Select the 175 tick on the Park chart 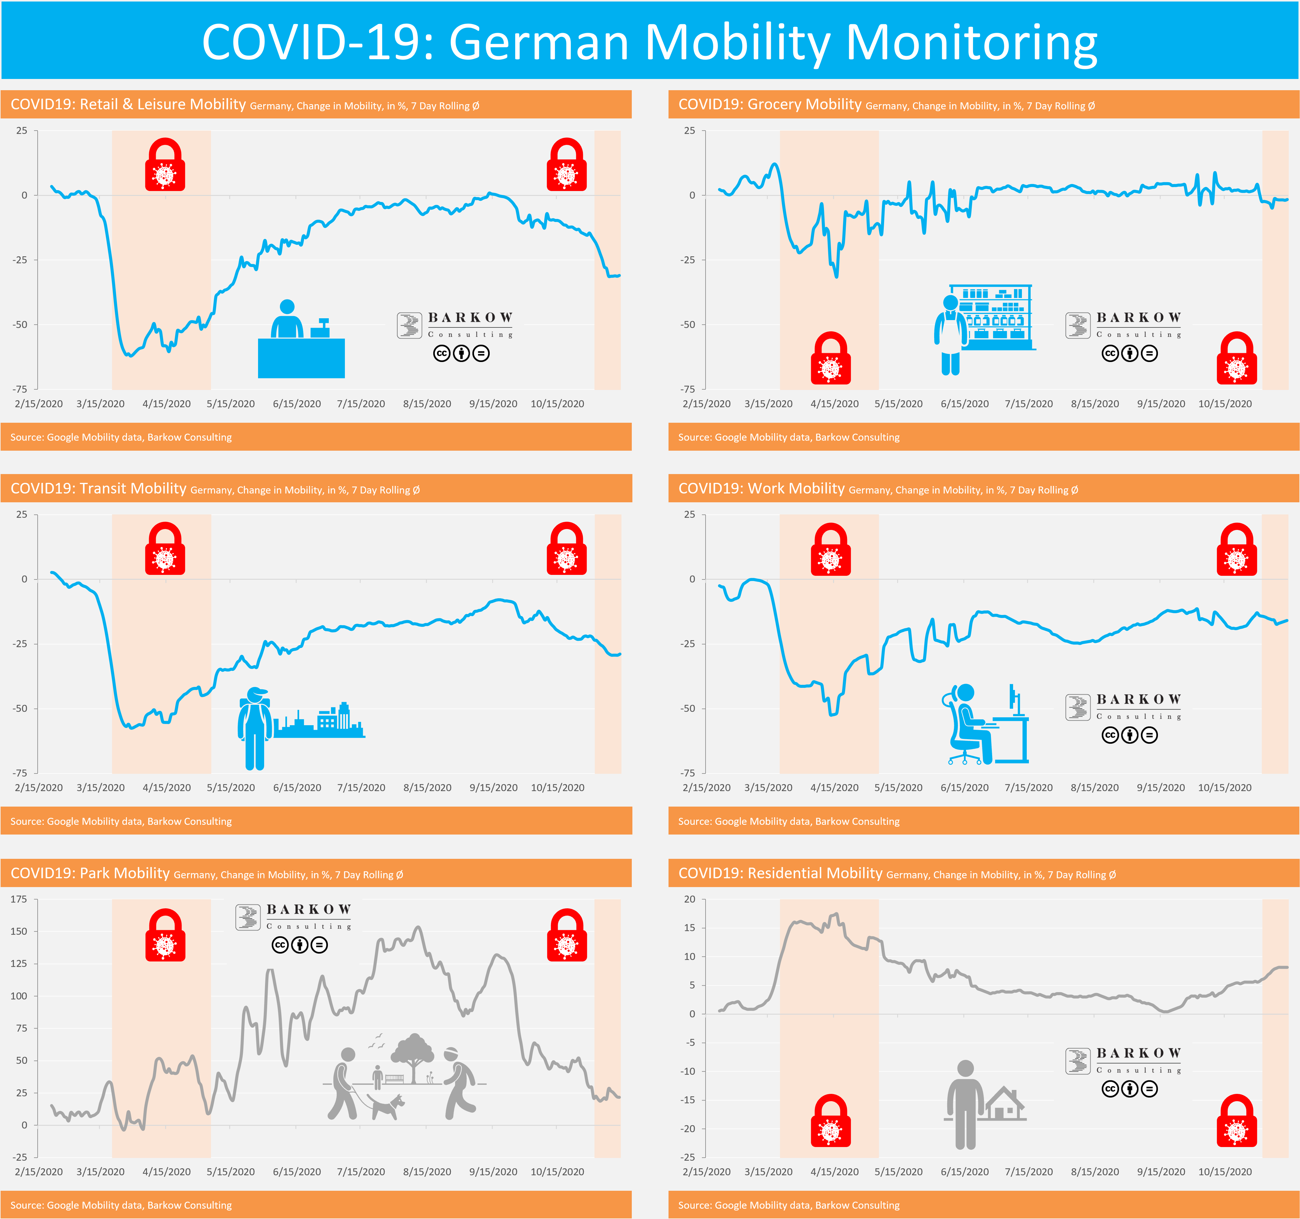tap(19, 899)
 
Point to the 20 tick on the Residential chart tap(689, 899)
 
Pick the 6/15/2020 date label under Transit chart tap(297, 787)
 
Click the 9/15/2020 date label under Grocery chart tap(1161, 404)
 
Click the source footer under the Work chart tap(789, 821)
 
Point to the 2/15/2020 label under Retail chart tap(39, 404)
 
